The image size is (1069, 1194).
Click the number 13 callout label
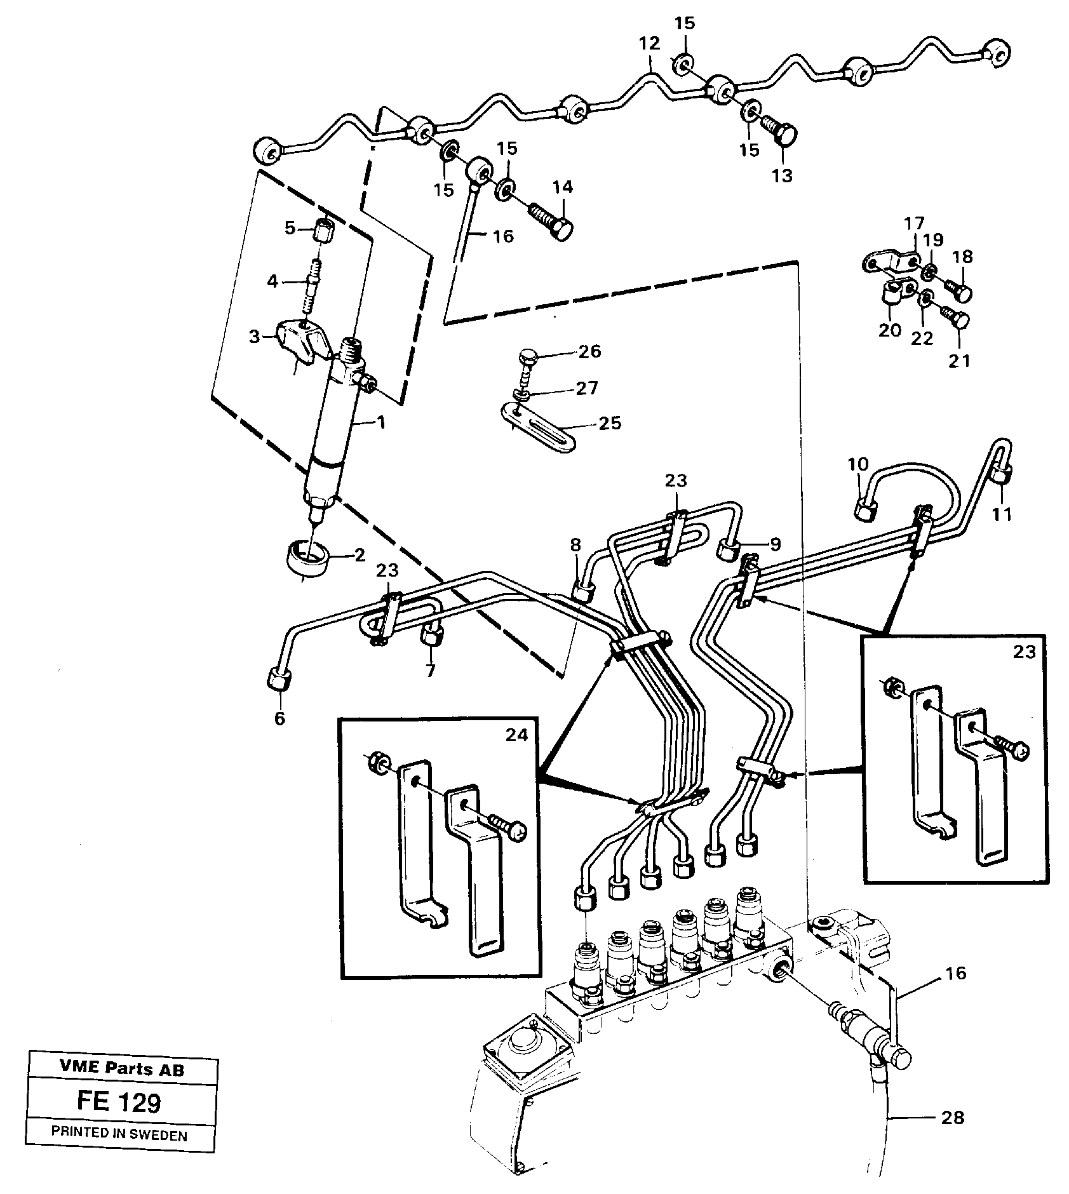pos(782,176)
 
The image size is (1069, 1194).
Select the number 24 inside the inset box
pos(516,735)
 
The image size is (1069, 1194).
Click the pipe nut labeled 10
pos(864,509)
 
